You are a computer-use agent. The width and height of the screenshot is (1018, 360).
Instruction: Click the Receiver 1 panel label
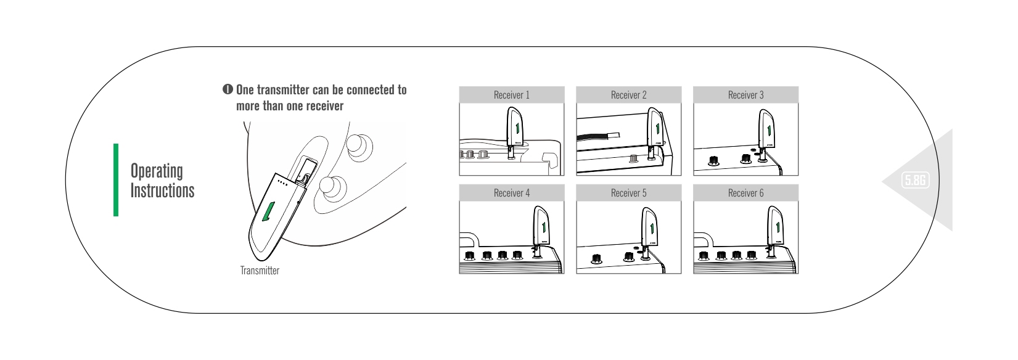511,95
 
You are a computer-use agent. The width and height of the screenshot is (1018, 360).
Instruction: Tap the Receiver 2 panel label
628,95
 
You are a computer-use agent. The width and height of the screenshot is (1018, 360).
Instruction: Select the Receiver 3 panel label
746,95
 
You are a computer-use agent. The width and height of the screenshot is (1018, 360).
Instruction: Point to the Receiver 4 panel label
511,193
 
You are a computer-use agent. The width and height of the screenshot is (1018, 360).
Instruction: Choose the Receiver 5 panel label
628,193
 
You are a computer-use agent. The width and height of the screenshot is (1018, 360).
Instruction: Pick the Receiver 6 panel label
746,193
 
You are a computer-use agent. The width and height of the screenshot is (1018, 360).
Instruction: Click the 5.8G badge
915,181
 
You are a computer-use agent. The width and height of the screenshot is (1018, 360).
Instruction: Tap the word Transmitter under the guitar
260,271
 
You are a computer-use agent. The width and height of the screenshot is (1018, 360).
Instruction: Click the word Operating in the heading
157,171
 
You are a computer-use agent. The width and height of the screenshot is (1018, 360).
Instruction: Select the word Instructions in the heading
162,190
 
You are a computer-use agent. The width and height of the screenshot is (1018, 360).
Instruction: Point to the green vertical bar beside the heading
116,180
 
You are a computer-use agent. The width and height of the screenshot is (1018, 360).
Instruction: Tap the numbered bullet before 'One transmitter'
228,89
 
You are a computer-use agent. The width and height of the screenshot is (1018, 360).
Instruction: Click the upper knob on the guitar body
359,146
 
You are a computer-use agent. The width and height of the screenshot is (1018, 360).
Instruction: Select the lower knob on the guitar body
332,189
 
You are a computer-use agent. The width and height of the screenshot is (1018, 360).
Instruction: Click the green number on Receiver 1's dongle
517,129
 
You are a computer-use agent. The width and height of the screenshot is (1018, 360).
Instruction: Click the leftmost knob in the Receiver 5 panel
596,259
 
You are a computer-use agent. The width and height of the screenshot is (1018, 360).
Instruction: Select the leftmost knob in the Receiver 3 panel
713,160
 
